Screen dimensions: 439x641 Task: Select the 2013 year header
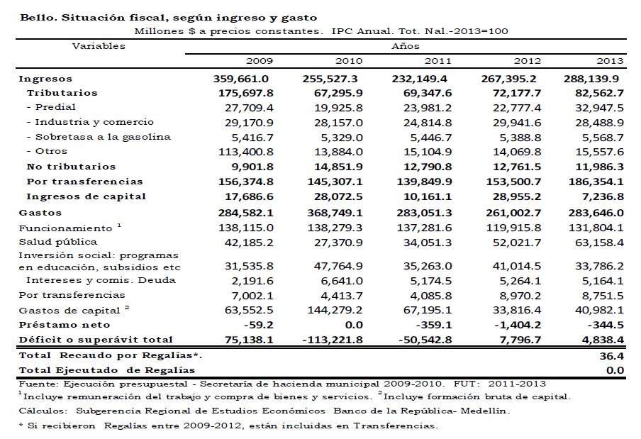[x=610, y=62]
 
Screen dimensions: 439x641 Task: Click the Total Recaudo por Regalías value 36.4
[x=613, y=355]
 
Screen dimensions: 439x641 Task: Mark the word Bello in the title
[x=35, y=16]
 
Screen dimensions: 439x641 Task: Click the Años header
[x=401, y=46]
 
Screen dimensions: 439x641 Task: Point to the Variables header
[x=99, y=46]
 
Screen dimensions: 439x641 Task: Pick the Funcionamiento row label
[x=65, y=228]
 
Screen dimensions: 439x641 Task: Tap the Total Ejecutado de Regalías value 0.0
[x=615, y=370]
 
